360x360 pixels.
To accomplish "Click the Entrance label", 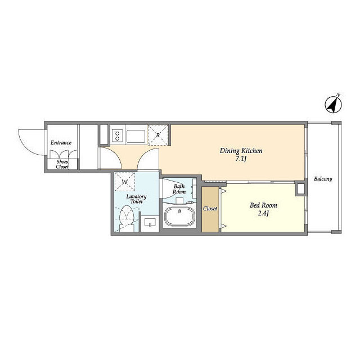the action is click(x=61, y=142).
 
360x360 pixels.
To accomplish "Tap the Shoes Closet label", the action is click(x=62, y=164).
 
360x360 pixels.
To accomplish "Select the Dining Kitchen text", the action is click(x=241, y=151).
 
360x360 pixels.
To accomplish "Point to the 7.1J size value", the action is click(x=241, y=159).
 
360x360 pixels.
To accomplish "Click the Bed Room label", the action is click(x=263, y=205).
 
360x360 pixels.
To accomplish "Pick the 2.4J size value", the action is click(x=263, y=214).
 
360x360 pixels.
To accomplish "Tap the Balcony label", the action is click(x=323, y=179).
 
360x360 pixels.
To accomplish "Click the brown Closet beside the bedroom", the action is click(x=210, y=209).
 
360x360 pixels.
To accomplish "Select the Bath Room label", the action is click(x=179, y=189).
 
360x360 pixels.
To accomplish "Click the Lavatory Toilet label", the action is click(x=136, y=199).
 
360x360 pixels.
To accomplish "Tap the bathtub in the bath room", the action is click(x=179, y=216).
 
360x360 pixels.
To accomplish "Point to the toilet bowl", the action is click(x=127, y=216).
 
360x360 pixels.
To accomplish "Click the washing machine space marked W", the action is click(x=125, y=182).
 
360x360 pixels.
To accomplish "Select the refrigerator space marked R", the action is click(x=158, y=135).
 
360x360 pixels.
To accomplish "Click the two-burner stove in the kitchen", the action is click(x=118, y=136).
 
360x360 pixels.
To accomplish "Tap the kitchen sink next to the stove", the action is click(x=136, y=136).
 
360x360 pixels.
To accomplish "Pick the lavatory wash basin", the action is click(x=150, y=223).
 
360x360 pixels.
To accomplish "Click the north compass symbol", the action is click(x=334, y=104).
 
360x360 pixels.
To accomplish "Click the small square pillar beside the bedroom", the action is click(x=300, y=189).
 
